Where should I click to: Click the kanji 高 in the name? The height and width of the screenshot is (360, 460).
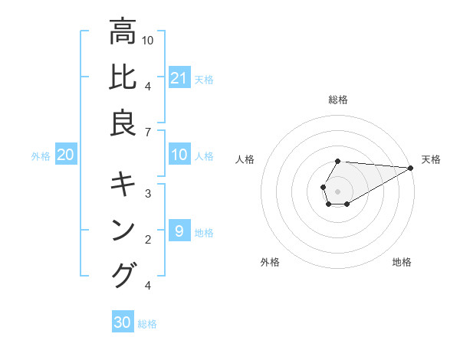(x=123, y=32)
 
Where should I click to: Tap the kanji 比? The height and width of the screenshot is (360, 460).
(x=123, y=78)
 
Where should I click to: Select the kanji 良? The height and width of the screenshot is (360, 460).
(x=123, y=124)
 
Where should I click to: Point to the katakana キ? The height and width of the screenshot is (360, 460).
(x=123, y=184)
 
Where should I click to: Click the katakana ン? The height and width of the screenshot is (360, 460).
(x=123, y=230)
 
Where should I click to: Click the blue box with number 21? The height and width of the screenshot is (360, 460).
(x=179, y=78)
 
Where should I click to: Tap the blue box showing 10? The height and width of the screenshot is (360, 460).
(x=179, y=155)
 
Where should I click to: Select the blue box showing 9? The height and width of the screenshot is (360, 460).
(x=179, y=231)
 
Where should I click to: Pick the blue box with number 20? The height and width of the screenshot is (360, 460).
(x=65, y=155)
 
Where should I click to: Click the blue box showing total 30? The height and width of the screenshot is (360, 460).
(x=123, y=322)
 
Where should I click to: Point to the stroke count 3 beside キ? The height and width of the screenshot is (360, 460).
(x=147, y=193)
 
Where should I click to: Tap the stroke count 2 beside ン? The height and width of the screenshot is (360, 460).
(x=147, y=240)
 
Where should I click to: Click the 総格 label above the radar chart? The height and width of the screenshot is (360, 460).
(x=338, y=100)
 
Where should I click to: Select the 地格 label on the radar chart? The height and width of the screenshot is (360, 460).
(x=402, y=262)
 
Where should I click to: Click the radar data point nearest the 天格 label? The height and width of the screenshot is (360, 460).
(x=412, y=168)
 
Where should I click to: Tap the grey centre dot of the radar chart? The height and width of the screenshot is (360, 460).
(x=337, y=191)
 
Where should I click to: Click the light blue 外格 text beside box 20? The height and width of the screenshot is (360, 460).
(x=41, y=156)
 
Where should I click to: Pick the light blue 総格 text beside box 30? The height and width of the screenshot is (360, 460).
(x=147, y=324)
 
